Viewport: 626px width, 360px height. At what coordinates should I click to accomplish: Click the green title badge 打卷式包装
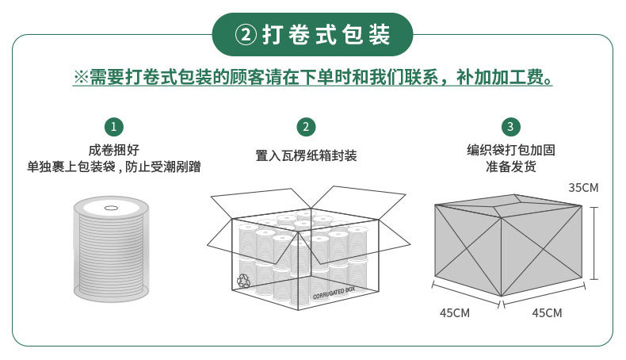312,34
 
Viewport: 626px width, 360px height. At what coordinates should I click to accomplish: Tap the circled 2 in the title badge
246,35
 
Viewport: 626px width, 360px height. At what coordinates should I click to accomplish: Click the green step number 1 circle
114,127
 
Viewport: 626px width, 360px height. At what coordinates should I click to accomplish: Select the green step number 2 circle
306,127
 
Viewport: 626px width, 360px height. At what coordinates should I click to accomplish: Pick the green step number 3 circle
510,127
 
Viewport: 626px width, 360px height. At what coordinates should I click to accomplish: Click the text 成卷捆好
114,150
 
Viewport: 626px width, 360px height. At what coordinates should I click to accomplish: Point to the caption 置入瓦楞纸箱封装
306,155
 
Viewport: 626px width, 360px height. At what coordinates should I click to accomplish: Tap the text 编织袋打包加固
511,150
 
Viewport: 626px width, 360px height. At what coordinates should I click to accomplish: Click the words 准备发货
511,167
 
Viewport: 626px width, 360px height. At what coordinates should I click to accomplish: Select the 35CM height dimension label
583,188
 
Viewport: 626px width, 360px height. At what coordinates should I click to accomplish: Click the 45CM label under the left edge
455,313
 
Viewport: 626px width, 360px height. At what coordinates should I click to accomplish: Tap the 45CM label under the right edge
547,313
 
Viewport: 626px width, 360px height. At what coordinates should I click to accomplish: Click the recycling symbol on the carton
243,281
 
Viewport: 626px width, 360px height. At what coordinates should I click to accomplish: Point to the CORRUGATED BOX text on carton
334,293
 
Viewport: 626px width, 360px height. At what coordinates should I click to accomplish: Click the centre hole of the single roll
111,208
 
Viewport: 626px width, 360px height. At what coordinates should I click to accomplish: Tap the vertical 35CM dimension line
594,243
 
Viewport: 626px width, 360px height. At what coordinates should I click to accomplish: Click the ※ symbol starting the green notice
81,77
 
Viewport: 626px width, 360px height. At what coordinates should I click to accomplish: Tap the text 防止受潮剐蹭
163,167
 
